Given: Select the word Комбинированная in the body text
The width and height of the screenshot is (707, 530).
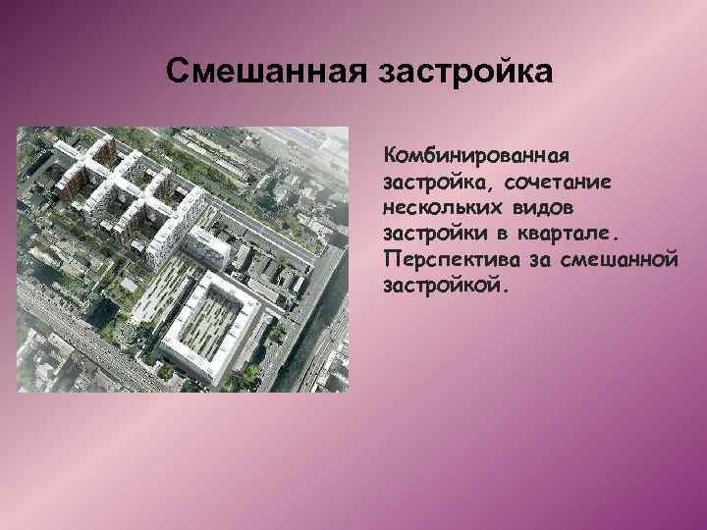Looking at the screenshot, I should coord(477,156).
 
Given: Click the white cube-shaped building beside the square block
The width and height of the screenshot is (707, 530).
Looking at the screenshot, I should coord(208,244).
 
